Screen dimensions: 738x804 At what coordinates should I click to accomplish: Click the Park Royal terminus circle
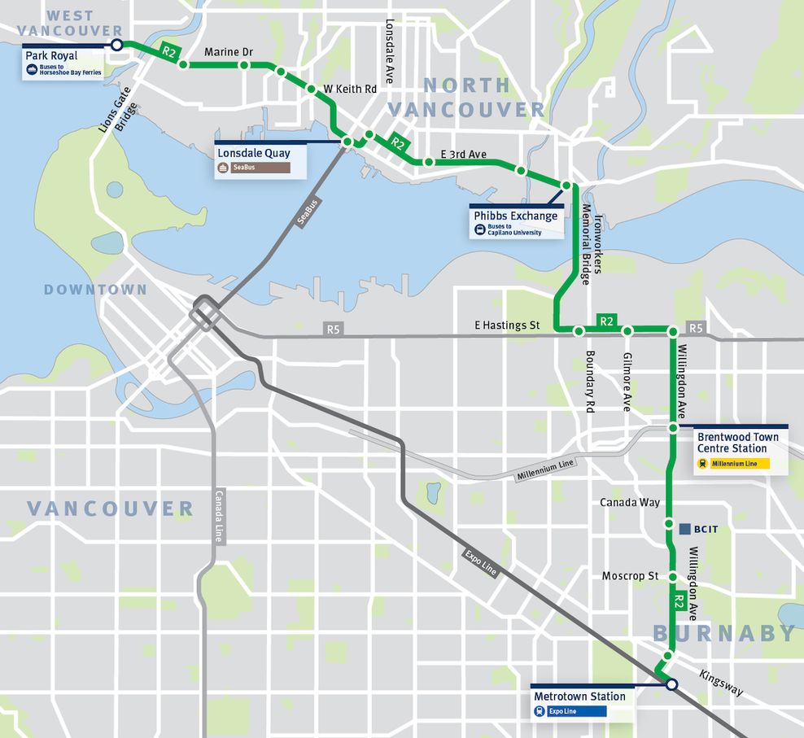tap(116, 45)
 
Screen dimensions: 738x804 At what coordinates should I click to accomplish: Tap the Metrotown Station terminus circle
tap(671, 685)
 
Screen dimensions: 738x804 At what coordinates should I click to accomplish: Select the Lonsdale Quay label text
tap(253, 152)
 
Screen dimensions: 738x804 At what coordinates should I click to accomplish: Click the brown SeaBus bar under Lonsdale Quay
tap(260, 168)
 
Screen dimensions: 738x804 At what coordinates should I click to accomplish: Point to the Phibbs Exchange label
tap(516, 216)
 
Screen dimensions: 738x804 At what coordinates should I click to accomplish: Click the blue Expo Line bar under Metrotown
tap(570, 711)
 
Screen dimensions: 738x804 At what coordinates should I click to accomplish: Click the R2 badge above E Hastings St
tap(606, 321)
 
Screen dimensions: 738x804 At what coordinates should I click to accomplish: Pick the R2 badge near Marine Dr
tap(169, 51)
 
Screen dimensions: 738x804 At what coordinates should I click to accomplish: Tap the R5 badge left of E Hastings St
tap(332, 330)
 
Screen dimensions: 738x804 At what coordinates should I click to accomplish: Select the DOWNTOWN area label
tap(95, 290)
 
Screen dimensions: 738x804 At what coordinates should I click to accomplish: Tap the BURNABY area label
tap(723, 633)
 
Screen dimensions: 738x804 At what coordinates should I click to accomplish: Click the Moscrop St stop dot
tap(673, 577)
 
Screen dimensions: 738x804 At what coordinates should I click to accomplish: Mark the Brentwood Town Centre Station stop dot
tap(674, 427)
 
